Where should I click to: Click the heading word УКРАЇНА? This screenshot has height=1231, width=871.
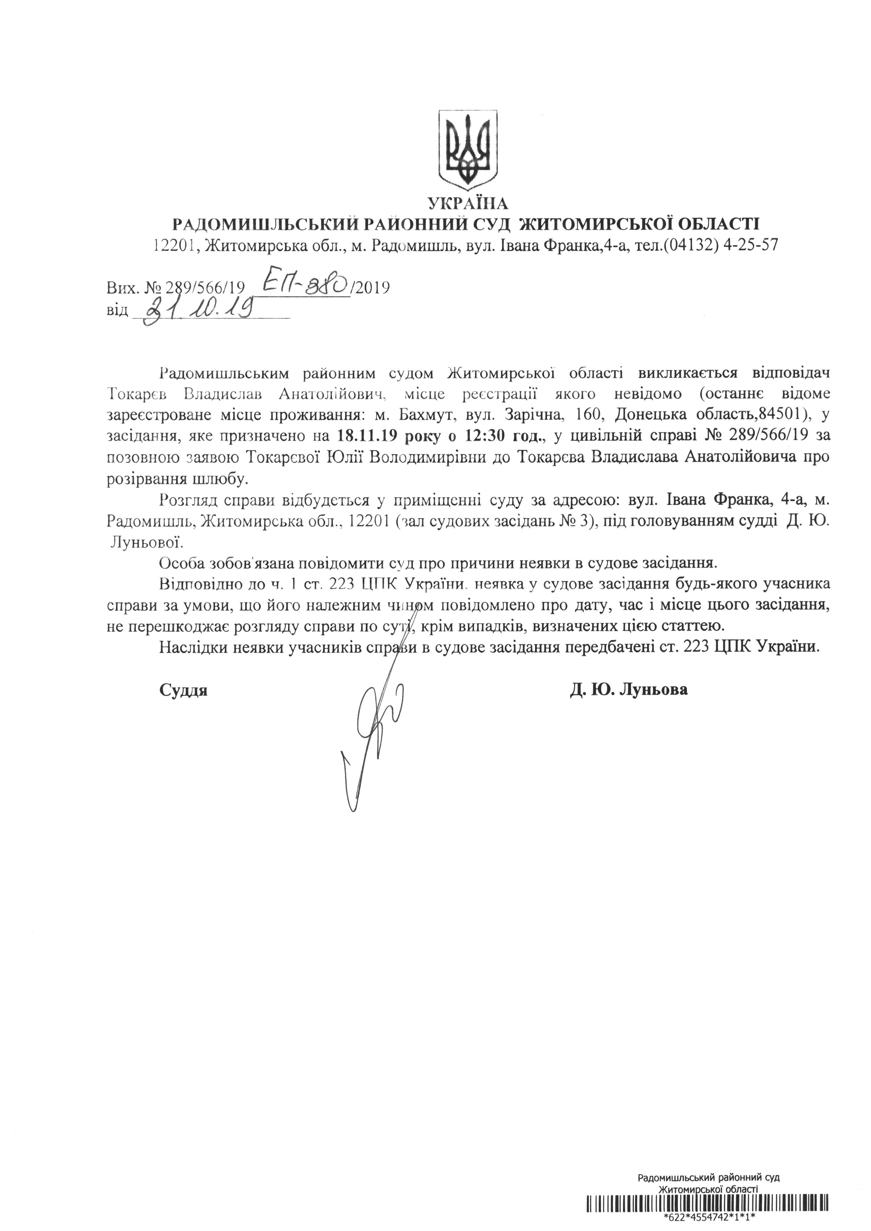(x=468, y=204)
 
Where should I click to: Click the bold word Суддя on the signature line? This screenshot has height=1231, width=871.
(x=183, y=690)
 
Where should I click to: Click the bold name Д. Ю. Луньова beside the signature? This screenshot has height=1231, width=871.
(x=629, y=690)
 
